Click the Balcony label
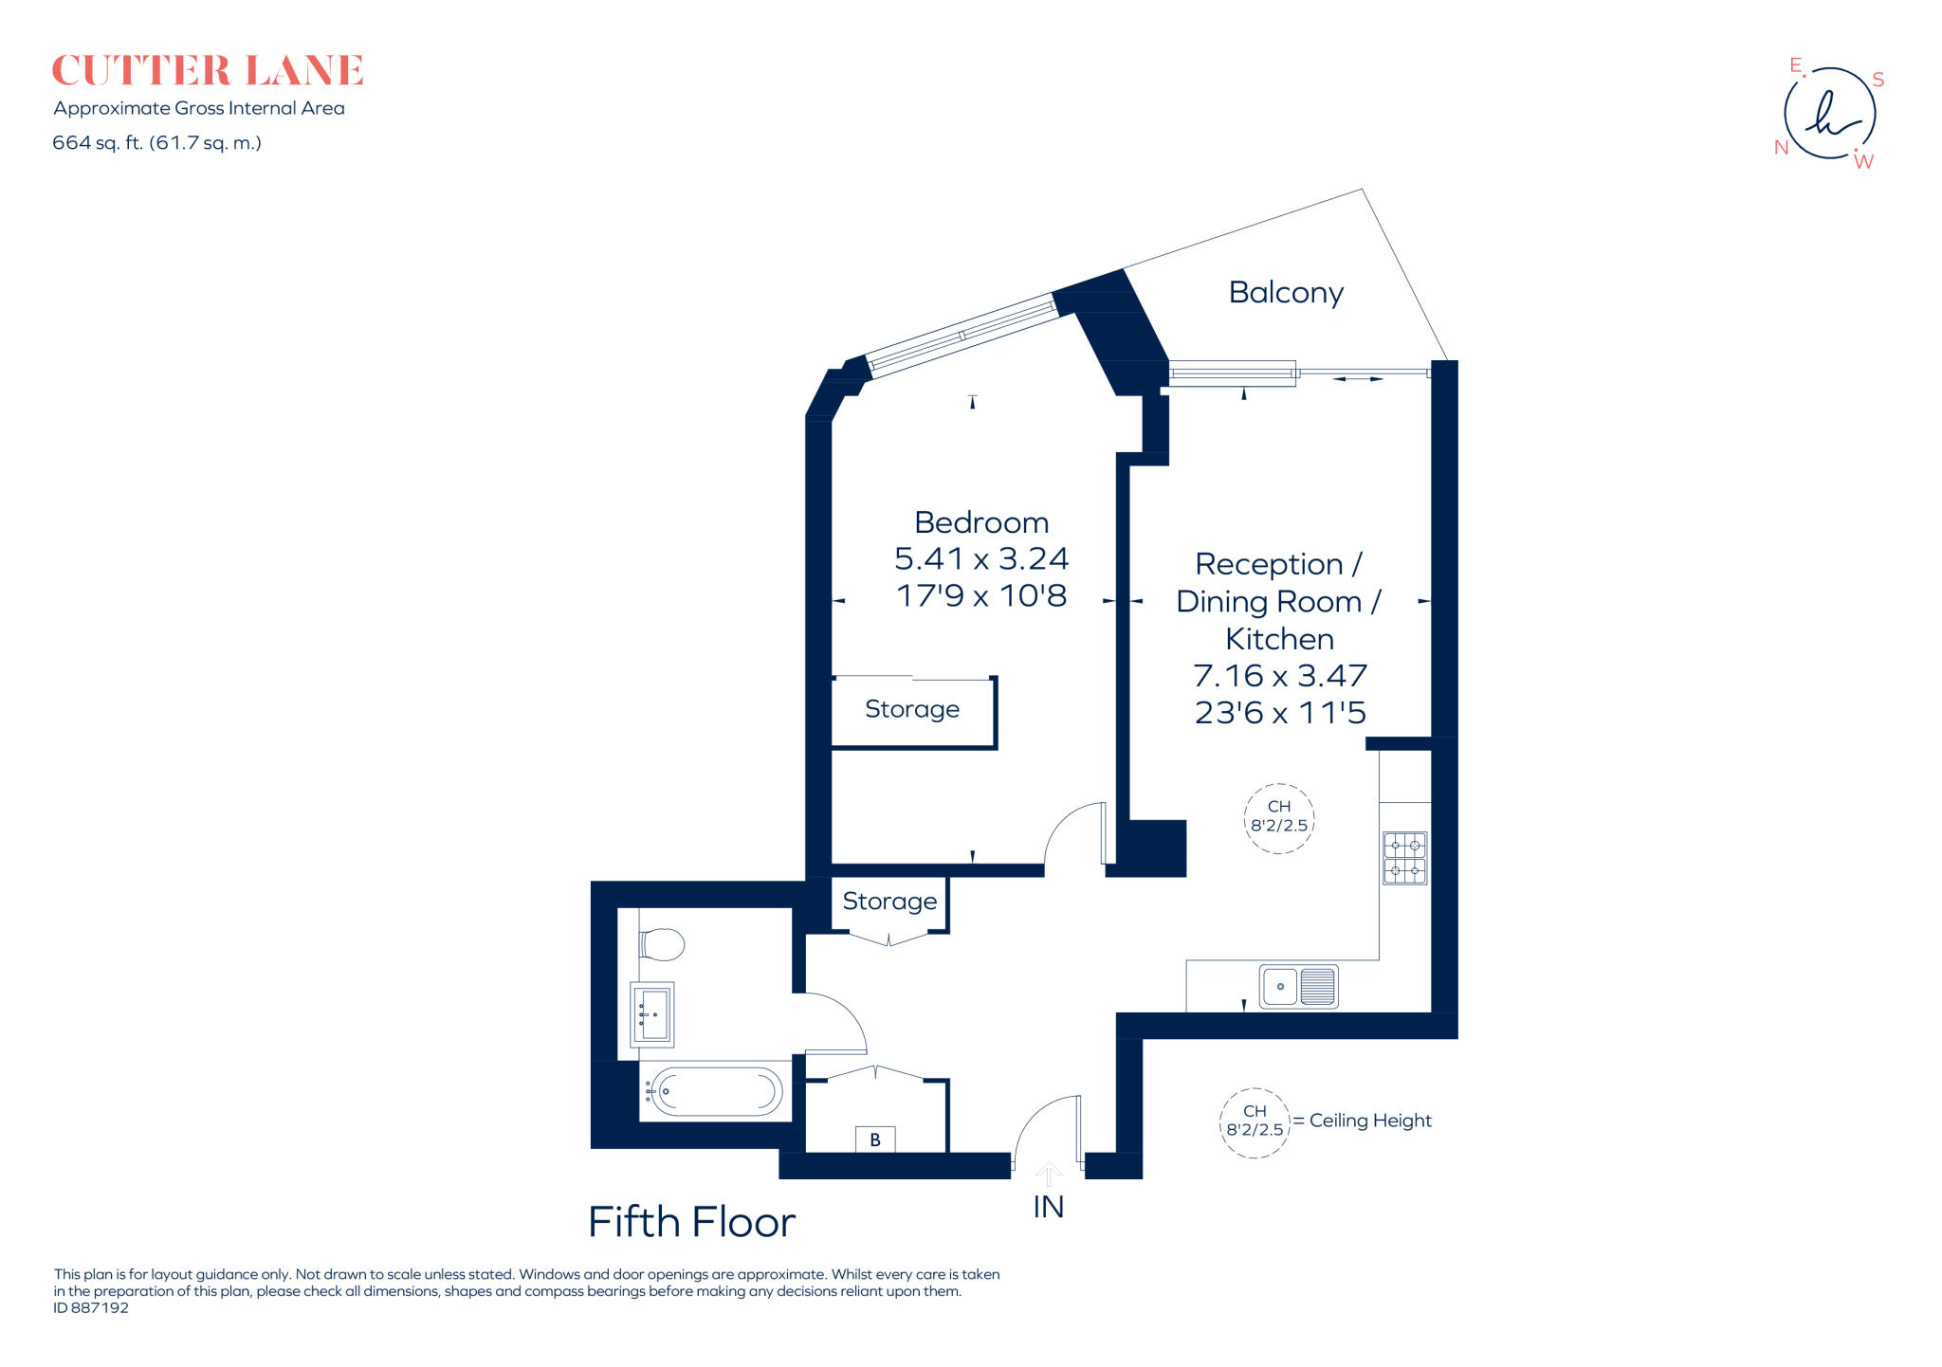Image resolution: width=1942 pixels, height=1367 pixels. [1286, 293]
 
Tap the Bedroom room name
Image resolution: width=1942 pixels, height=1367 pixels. [981, 522]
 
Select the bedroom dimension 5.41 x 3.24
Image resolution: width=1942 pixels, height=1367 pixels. [981, 559]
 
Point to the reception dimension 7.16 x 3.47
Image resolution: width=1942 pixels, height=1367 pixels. [1280, 676]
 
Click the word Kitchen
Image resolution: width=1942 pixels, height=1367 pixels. [1280, 639]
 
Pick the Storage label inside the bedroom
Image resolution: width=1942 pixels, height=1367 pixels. [912, 709]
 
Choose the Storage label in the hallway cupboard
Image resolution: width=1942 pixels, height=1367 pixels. [889, 902]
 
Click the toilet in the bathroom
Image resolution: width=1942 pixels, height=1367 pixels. [662, 944]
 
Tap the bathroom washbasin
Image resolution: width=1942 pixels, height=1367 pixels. [652, 1014]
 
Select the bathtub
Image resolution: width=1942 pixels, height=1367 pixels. [715, 1092]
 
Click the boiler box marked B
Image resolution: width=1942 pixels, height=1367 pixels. [875, 1139]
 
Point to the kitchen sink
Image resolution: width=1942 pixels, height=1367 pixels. [1299, 987]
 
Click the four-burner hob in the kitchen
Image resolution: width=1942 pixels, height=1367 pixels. [1404, 858]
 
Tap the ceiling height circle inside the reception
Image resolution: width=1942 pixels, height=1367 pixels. [1279, 819]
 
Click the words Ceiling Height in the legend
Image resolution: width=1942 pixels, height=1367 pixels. [1370, 1121]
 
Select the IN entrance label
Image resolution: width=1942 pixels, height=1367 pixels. [1048, 1207]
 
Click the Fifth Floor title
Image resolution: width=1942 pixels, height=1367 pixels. [691, 1223]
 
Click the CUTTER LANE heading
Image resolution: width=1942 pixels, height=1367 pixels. [208, 71]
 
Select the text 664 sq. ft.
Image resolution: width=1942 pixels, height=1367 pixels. [98, 143]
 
